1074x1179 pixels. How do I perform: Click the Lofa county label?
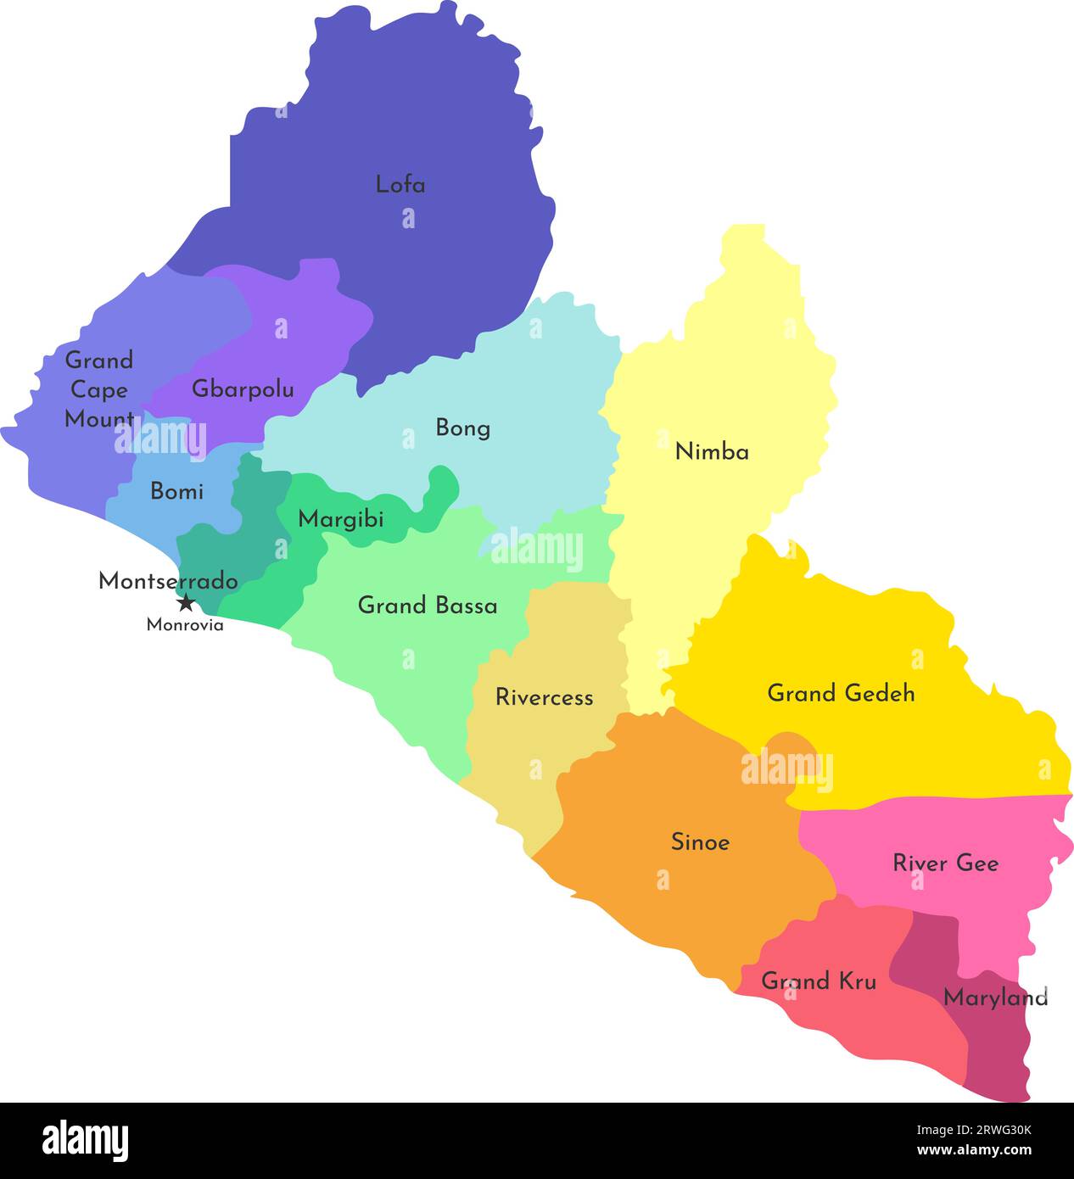[x=400, y=184]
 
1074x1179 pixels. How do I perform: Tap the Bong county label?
[x=462, y=427]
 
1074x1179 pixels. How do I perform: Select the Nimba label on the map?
[x=712, y=452]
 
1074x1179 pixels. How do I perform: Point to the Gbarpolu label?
[x=243, y=389]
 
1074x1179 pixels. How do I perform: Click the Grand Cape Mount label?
[x=99, y=389]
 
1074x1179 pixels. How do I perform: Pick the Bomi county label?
[x=176, y=491]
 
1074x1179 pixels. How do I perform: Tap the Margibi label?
[x=340, y=519]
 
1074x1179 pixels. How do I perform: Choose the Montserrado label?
[x=168, y=581]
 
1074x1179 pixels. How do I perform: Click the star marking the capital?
[x=186, y=603]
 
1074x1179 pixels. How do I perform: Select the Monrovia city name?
[x=185, y=625]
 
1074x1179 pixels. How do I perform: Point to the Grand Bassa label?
[x=428, y=606]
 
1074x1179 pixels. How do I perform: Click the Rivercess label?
[x=544, y=697]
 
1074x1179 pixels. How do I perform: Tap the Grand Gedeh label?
[x=841, y=693]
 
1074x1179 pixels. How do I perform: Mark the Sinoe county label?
[x=700, y=842]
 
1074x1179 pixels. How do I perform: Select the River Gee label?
[x=945, y=863]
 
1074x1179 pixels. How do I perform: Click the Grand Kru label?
[x=818, y=981]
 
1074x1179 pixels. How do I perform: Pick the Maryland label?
[x=995, y=997]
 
